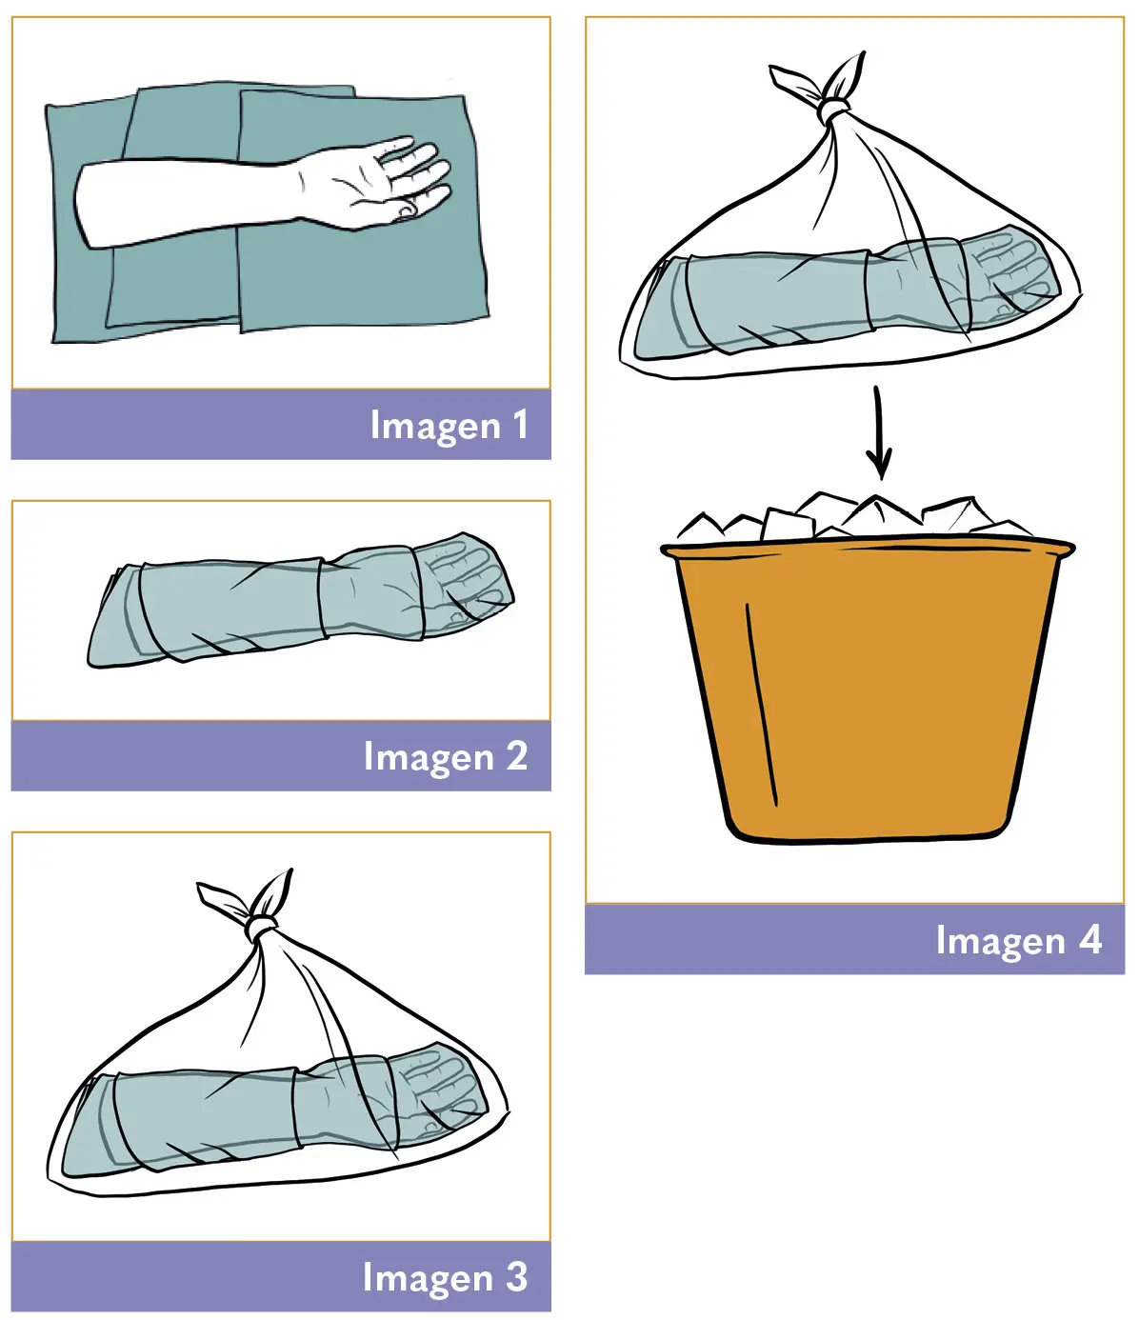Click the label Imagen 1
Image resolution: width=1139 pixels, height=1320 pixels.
coord(450,425)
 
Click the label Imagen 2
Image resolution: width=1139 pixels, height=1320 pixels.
coord(446,757)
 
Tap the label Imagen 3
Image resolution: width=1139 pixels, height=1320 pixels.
coord(445,1277)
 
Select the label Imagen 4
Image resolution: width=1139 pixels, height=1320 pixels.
coord(1019,940)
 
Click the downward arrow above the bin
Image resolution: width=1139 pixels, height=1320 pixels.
coord(879,432)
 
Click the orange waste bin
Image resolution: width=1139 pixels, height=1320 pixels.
coord(868,690)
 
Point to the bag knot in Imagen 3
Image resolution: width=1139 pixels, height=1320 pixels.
coord(262,927)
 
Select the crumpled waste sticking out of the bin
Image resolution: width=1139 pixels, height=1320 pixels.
coord(855,516)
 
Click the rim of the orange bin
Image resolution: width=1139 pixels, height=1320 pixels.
coord(868,548)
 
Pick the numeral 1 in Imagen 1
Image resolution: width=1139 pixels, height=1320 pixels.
coord(521,425)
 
